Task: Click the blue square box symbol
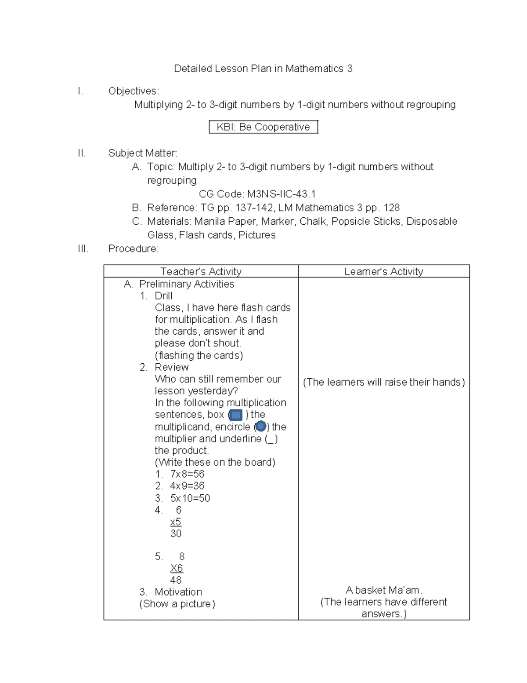coord(236,415)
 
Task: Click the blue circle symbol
coord(260,426)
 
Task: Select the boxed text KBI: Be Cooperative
coord(263,127)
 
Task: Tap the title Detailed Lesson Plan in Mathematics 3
coord(263,69)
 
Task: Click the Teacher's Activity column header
coord(201,271)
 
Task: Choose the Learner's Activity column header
coord(383,271)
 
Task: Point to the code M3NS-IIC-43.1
coord(281,194)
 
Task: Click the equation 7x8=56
coord(188,474)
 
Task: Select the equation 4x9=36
coord(188,486)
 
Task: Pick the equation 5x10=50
coord(190,498)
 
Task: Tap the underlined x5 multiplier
coord(176,522)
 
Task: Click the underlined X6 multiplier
coord(177,568)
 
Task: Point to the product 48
coord(176,580)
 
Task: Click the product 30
coord(176,533)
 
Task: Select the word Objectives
coord(133,91)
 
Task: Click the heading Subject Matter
coord(143,153)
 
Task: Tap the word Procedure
coord(133,248)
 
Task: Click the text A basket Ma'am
coord(383,590)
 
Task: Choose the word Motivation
coord(178,592)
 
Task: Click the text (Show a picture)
coord(177,604)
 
